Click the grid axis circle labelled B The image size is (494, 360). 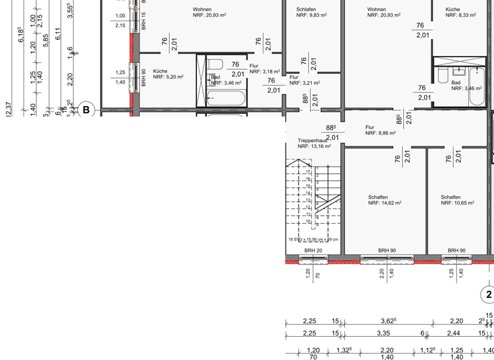point(86,110)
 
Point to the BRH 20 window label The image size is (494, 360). point(313,251)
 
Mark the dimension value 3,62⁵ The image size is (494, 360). point(388,321)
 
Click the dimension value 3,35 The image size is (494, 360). point(385,333)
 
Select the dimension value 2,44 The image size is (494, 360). point(455,333)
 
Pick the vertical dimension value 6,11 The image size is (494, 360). point(58,34)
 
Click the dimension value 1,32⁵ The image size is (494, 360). point(343,350)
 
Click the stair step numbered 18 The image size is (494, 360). point(309,165)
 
